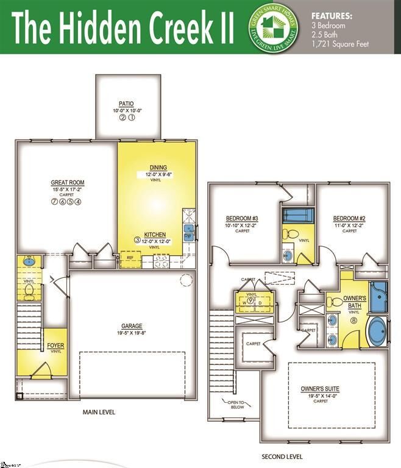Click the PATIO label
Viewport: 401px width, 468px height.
(x=127, y=104)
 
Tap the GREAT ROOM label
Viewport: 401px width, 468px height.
(x=67, y=183)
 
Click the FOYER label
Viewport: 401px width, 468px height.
(x=55, y=346)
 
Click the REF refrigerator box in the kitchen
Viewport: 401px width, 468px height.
(x=130, y=258)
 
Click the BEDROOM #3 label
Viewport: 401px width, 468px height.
(x=243, y=219)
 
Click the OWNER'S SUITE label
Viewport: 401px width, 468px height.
(x=320, y=389)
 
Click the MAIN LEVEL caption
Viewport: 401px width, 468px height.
(x=99, y=413)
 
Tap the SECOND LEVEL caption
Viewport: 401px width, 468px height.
(x=282, y=456)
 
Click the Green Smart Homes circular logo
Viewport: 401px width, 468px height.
(x=268, y=26)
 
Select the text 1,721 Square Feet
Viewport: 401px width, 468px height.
(x=340, y=44)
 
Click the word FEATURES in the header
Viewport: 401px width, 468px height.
(x=332, y=15)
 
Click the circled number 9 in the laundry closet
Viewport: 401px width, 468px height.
(x=250, y=300)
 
